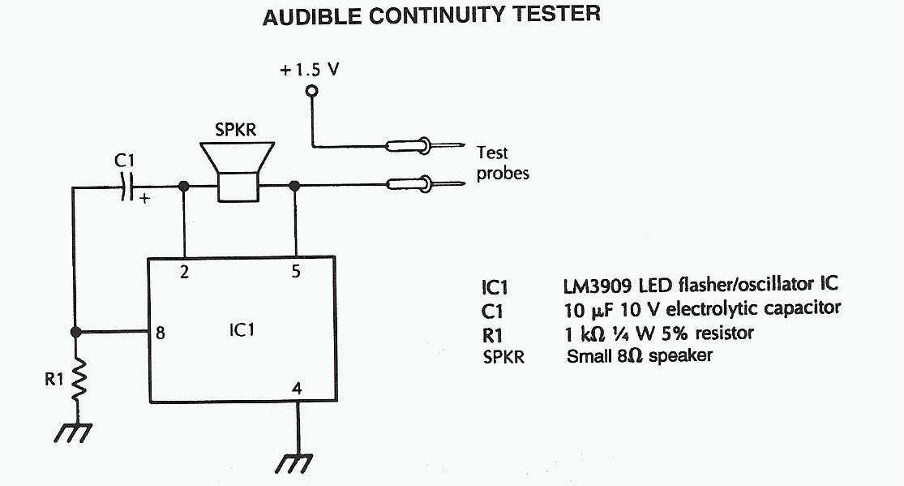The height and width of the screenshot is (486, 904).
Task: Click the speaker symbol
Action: (238, 171)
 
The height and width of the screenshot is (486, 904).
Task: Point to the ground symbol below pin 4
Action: (294, 462)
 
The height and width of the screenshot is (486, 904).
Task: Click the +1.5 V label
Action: (309, 70)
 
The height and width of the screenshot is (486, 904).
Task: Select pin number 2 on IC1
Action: (184, 273)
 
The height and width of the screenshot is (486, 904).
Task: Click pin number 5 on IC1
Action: (296, 273)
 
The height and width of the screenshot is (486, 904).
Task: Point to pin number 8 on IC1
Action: (161, 332)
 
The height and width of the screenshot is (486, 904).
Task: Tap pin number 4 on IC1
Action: (297, 389)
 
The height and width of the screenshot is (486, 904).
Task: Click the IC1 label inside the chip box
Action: (242, 331)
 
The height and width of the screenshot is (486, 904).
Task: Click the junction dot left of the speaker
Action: (185, 187)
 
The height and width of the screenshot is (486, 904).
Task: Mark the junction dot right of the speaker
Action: (294, 187)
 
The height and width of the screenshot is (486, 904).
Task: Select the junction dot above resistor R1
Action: (76, 332)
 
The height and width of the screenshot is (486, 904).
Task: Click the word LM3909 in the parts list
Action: (598, 286)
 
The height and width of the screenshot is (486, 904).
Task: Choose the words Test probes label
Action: (502, 162)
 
